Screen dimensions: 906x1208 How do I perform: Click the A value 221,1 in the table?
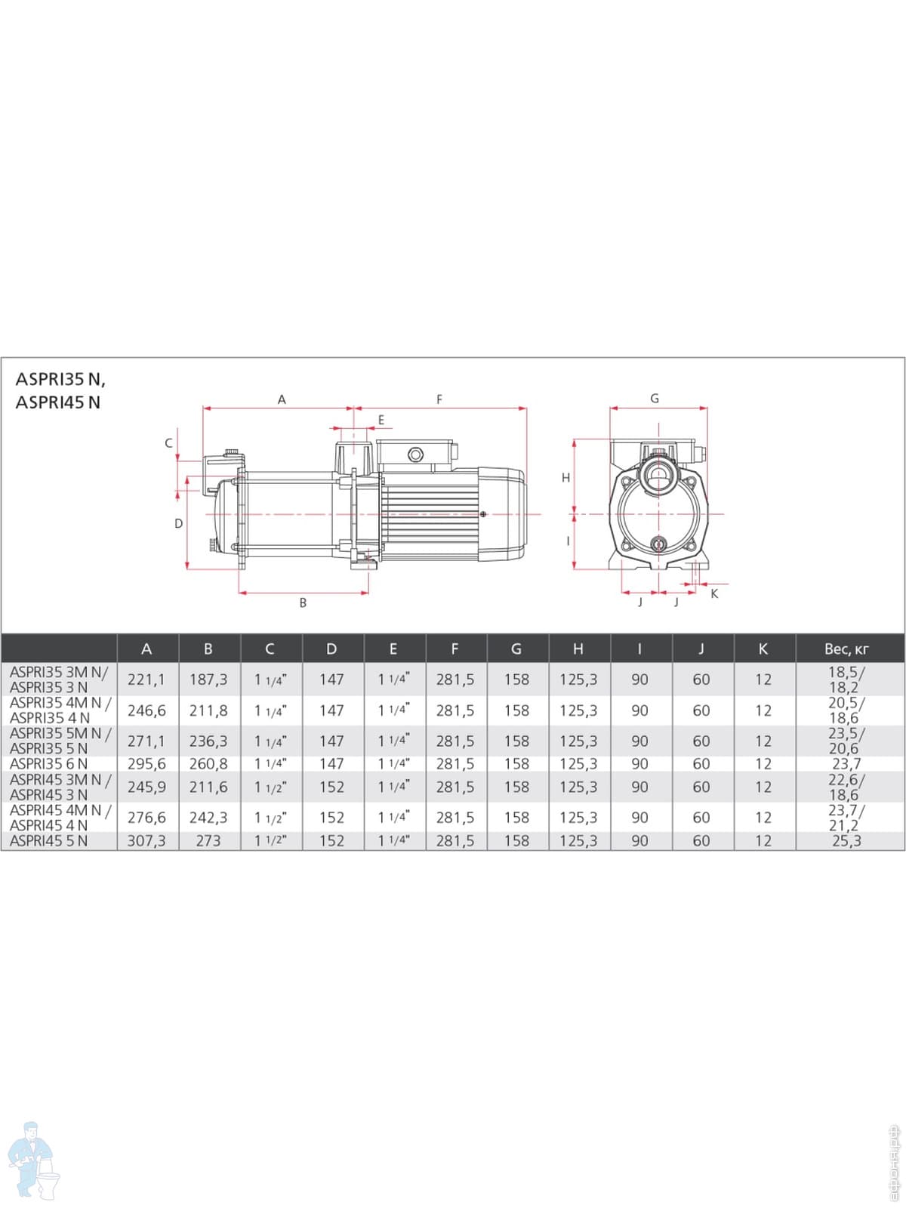146,679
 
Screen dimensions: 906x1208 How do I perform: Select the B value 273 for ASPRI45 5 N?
208,841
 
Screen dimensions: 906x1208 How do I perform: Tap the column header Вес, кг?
846,649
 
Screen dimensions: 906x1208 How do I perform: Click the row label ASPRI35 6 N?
48,764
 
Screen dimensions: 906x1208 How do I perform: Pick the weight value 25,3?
846,841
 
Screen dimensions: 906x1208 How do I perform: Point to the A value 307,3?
146,841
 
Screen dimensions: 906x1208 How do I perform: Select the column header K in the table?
763,649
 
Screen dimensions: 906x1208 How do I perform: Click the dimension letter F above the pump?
439,399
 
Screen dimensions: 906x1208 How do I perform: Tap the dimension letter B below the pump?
303,602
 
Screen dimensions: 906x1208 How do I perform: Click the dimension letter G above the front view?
655,399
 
